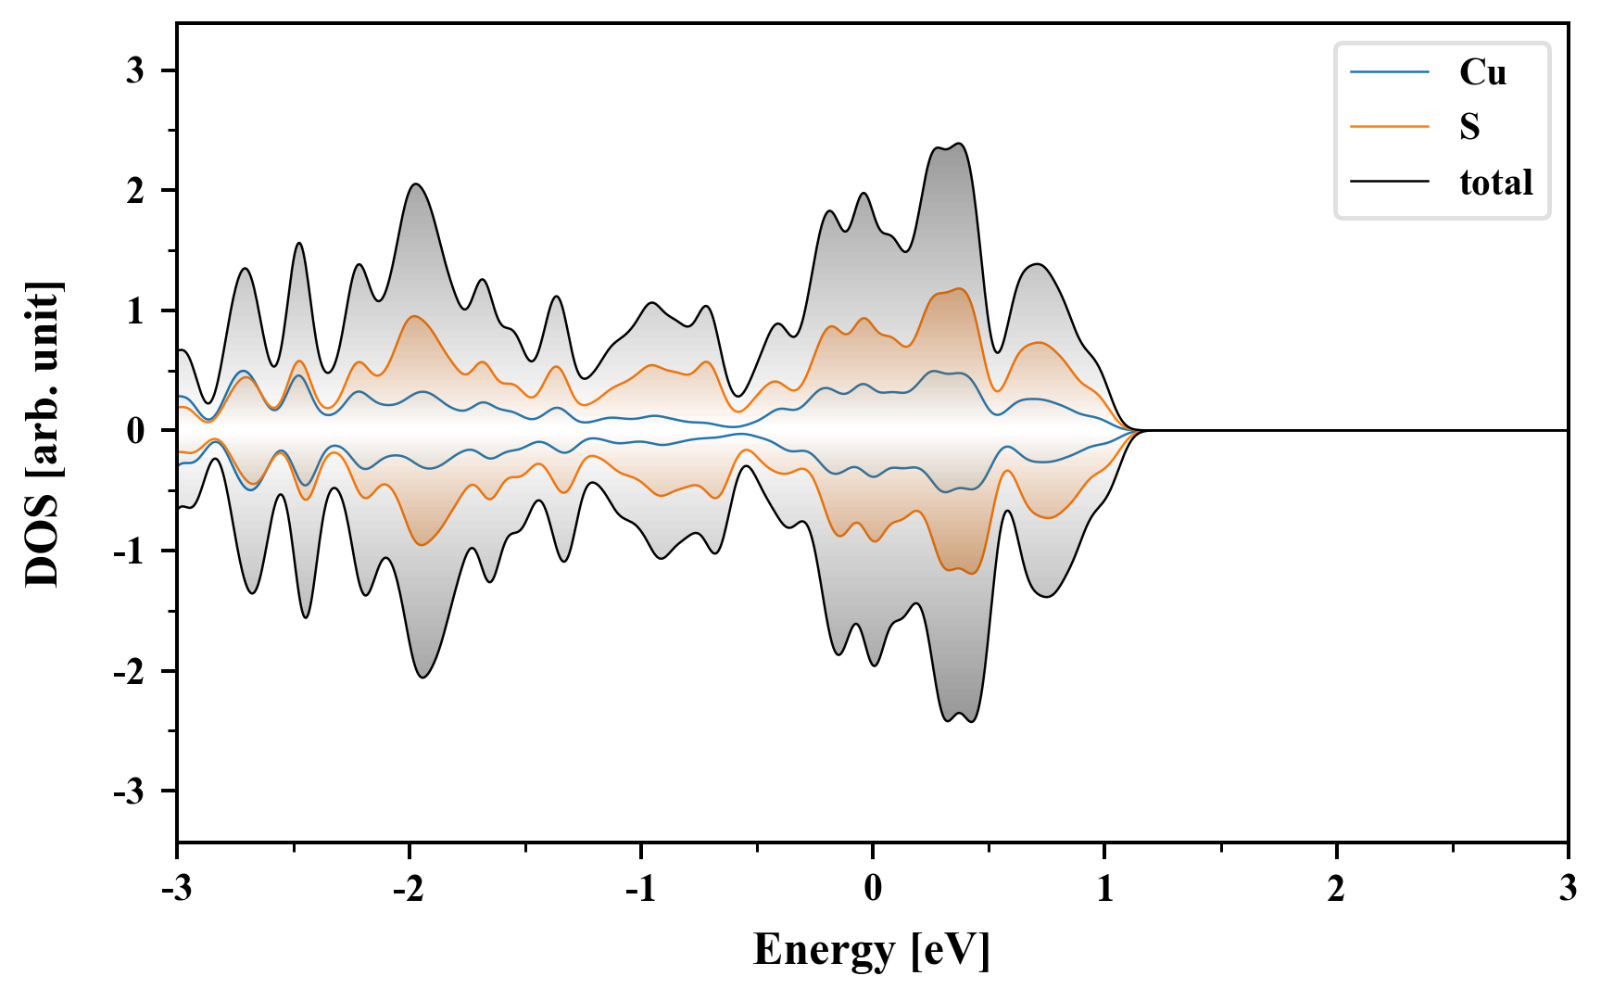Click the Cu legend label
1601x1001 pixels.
(x=1482, y=72)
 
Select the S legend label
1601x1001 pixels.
(x=1469, y=127)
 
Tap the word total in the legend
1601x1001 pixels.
(x=1496, y=183)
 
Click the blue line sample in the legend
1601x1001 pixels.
(x=1390, y=72)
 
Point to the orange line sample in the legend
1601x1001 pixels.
(x=1390, y=127)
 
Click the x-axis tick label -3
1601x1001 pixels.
(x=176, y=889)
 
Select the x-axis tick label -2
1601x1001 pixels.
(x=408, y=889)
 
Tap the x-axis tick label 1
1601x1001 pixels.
(x=1104, y=889)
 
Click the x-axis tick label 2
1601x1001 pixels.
(x=1336, y=889)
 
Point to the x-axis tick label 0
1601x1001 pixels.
(x=873, y=889)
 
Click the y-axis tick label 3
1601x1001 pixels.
(x=135, y=70)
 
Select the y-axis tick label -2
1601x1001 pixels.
(x=130, y=671)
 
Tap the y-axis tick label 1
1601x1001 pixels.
(x=135, y=310)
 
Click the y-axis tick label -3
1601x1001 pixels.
(x=130, y=792)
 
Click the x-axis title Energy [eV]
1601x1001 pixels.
(x=872, y=950)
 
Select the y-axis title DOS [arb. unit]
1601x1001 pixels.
(x=43, y=431)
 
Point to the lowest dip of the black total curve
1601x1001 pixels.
(x=970, y=721)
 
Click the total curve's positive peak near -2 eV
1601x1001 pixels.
(x=416, y=184)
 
